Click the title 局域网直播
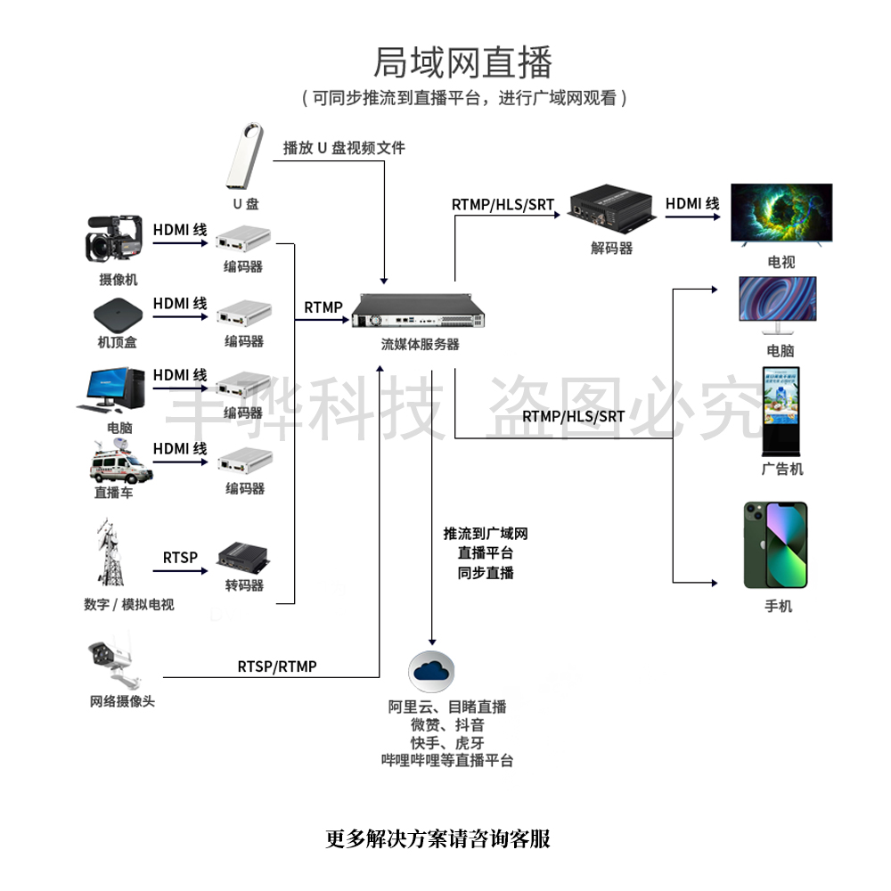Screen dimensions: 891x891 (x=462, y=63)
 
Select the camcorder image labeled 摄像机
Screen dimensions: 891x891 (x=114, y=241)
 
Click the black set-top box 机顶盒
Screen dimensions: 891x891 (x=118, y=314)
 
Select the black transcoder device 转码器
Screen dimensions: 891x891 (x=243, y=560)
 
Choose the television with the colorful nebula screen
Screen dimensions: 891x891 (x=781, y=213)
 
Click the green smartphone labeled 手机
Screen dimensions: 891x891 (x=775, y=545)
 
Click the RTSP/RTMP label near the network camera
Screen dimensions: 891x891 (x=277, y=666)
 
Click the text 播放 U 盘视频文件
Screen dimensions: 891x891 (x=344, y=148)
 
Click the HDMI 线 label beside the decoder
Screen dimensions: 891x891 (x=692, y=204)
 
